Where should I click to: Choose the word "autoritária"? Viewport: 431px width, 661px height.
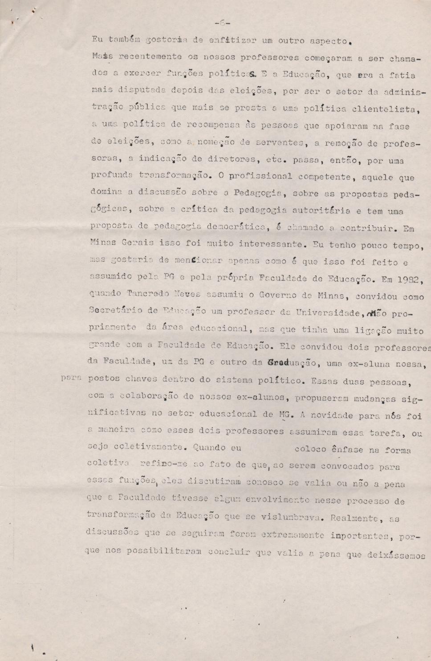[327, 210]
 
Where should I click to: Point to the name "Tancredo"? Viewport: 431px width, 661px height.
[148, 294]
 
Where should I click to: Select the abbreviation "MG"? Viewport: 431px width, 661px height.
[285, 415]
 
